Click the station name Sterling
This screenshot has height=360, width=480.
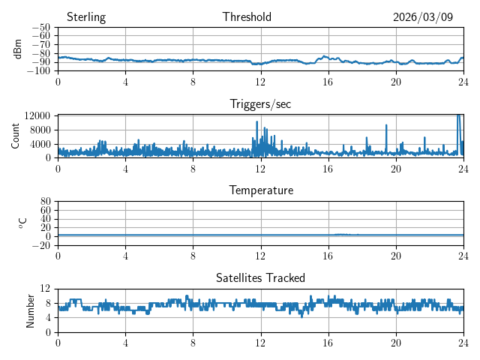coord(85,17)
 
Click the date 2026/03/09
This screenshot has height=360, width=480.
coord(422,17)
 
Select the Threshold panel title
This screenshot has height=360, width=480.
coord(247,17)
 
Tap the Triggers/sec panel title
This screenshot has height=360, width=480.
coord(260,104)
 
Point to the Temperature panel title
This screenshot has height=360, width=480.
coord(260,190)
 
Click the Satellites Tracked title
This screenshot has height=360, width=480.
coord(260,278)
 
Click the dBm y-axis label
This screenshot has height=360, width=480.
coord(18,49)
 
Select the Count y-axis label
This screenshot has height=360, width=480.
coord(16,136)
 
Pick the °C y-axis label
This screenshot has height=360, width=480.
coord(22,223)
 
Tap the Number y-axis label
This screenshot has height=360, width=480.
coord(30,310)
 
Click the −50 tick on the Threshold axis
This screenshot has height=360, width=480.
coord(40,28)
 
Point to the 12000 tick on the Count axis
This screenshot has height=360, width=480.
coord(37,115)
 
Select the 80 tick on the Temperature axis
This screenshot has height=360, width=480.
coord(45,202)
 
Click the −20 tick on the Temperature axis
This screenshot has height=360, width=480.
coord(40,245)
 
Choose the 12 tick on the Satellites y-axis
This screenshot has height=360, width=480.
coord(45,289)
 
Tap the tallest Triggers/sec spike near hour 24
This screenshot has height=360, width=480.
coord(458,115)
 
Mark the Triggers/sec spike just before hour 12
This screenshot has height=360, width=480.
coord(257,122)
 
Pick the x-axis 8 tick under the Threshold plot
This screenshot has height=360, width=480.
coord(193,81)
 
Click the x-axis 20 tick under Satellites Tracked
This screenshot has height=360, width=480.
coord(396,342)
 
